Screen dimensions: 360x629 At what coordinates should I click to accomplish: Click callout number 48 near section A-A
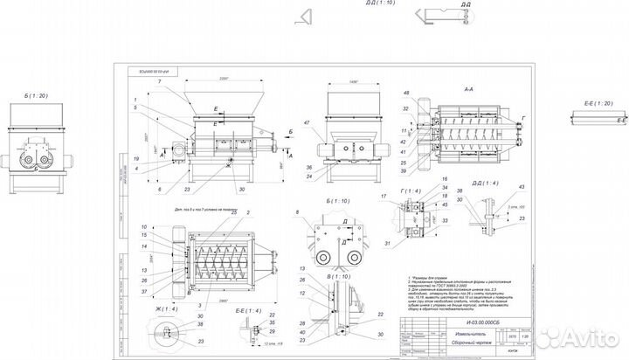coord(406,93)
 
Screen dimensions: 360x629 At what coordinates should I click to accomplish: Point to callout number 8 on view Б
coord(299,212)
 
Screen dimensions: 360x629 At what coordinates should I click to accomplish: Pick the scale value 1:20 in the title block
coord(523,333)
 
